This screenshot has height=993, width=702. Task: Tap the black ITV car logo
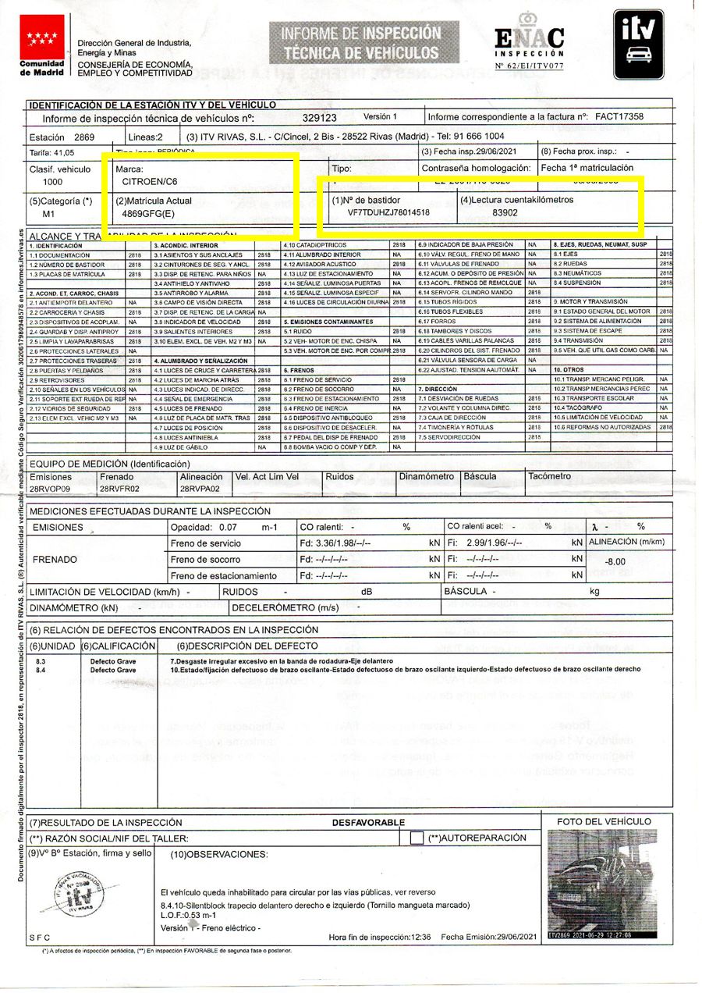[638, 44]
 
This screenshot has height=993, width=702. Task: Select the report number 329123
[319, 117]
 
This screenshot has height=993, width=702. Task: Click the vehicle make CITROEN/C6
[151, 181]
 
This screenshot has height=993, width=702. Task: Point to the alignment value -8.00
[615, 561]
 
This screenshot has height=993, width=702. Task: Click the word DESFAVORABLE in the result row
[368, 822]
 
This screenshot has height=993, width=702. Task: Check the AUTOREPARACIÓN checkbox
[417, 838]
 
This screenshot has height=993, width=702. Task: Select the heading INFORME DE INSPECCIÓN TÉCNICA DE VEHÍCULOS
[360, 43]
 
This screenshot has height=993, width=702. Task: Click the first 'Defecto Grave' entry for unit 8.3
[113, 661]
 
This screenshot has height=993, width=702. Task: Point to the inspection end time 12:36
[423, 936]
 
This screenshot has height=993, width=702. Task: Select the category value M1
[48, 212]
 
